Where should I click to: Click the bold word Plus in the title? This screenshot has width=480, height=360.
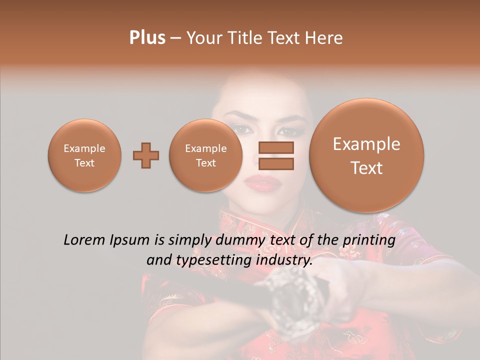[147, 38]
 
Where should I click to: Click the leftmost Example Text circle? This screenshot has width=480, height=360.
[84, 155]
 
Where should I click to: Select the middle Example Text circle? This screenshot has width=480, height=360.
[205, 155]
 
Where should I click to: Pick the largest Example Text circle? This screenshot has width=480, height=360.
[366, 155]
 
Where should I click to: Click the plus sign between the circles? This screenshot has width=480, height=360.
[146, 155]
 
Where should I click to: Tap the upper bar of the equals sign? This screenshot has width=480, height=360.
[276, 148]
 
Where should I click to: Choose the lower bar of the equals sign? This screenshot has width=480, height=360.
[276, 164]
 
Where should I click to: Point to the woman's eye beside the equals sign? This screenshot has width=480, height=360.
[287, 132]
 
